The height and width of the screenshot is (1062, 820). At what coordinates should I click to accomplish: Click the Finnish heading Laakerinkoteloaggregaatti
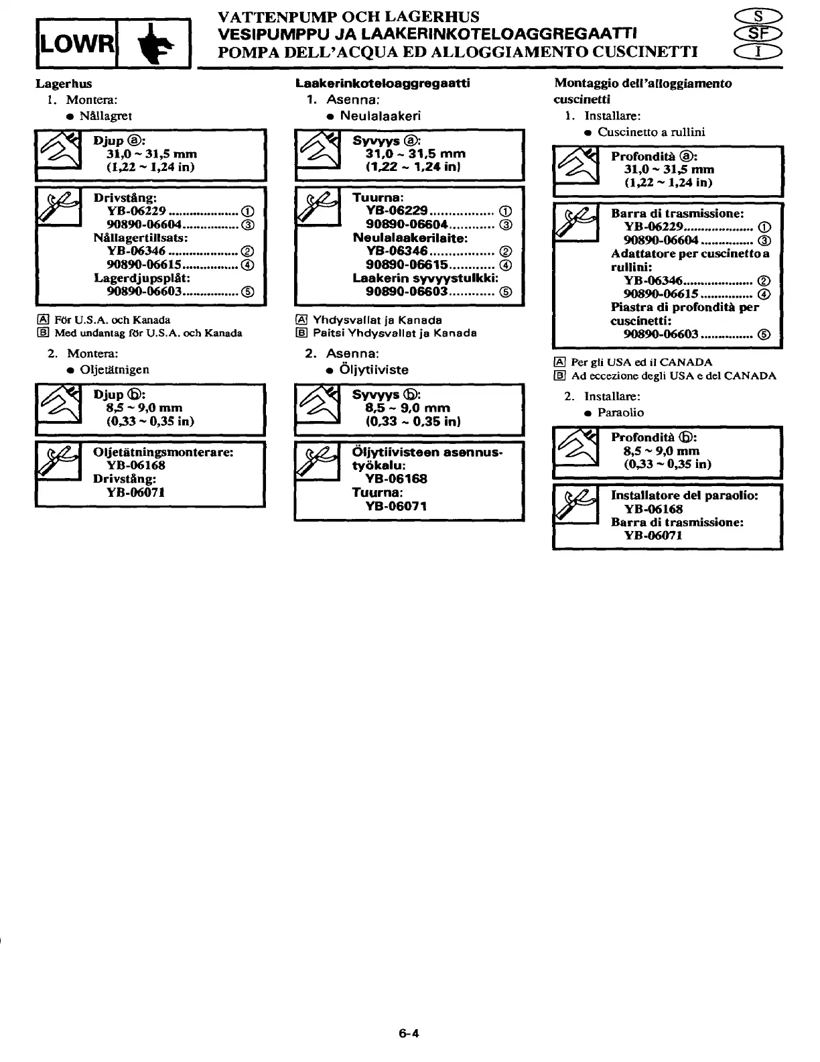(x=383, y=83)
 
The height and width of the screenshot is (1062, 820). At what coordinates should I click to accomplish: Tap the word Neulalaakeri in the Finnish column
(x=380, y=115)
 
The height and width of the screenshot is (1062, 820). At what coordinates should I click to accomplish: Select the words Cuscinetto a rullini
(x=651, y=132)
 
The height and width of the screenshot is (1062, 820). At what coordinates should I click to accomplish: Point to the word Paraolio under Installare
(x=620, y=412)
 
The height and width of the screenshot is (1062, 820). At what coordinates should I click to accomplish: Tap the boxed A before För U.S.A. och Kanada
(x=42, y=320)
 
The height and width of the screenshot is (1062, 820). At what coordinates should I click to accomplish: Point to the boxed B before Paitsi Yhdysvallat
(x=301, y=333)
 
